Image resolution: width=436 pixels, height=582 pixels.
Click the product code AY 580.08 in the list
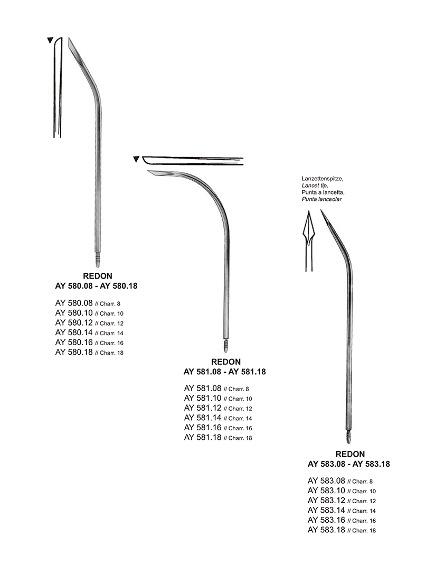click(74, 303)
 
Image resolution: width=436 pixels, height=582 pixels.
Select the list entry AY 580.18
click(74, 352)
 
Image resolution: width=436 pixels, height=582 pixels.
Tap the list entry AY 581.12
click(203, 408)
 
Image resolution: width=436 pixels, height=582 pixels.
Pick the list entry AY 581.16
click(203, 428)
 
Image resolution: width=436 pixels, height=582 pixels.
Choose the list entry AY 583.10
click(327, 491)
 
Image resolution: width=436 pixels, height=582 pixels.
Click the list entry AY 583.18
click(327, 530)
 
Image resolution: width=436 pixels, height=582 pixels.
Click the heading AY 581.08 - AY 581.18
click(225, 372)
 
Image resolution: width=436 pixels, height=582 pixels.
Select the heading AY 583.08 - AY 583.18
click(349, 464)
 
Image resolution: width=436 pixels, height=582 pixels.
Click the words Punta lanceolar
click(321, 199)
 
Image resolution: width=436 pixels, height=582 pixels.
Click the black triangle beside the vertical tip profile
click(50, 40)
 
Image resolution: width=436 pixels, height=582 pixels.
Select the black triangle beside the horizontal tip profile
click(137, 159)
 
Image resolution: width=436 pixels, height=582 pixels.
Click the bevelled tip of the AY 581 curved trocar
click(151, 172)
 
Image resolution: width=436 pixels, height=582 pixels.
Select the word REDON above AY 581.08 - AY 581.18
click(225, 362)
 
